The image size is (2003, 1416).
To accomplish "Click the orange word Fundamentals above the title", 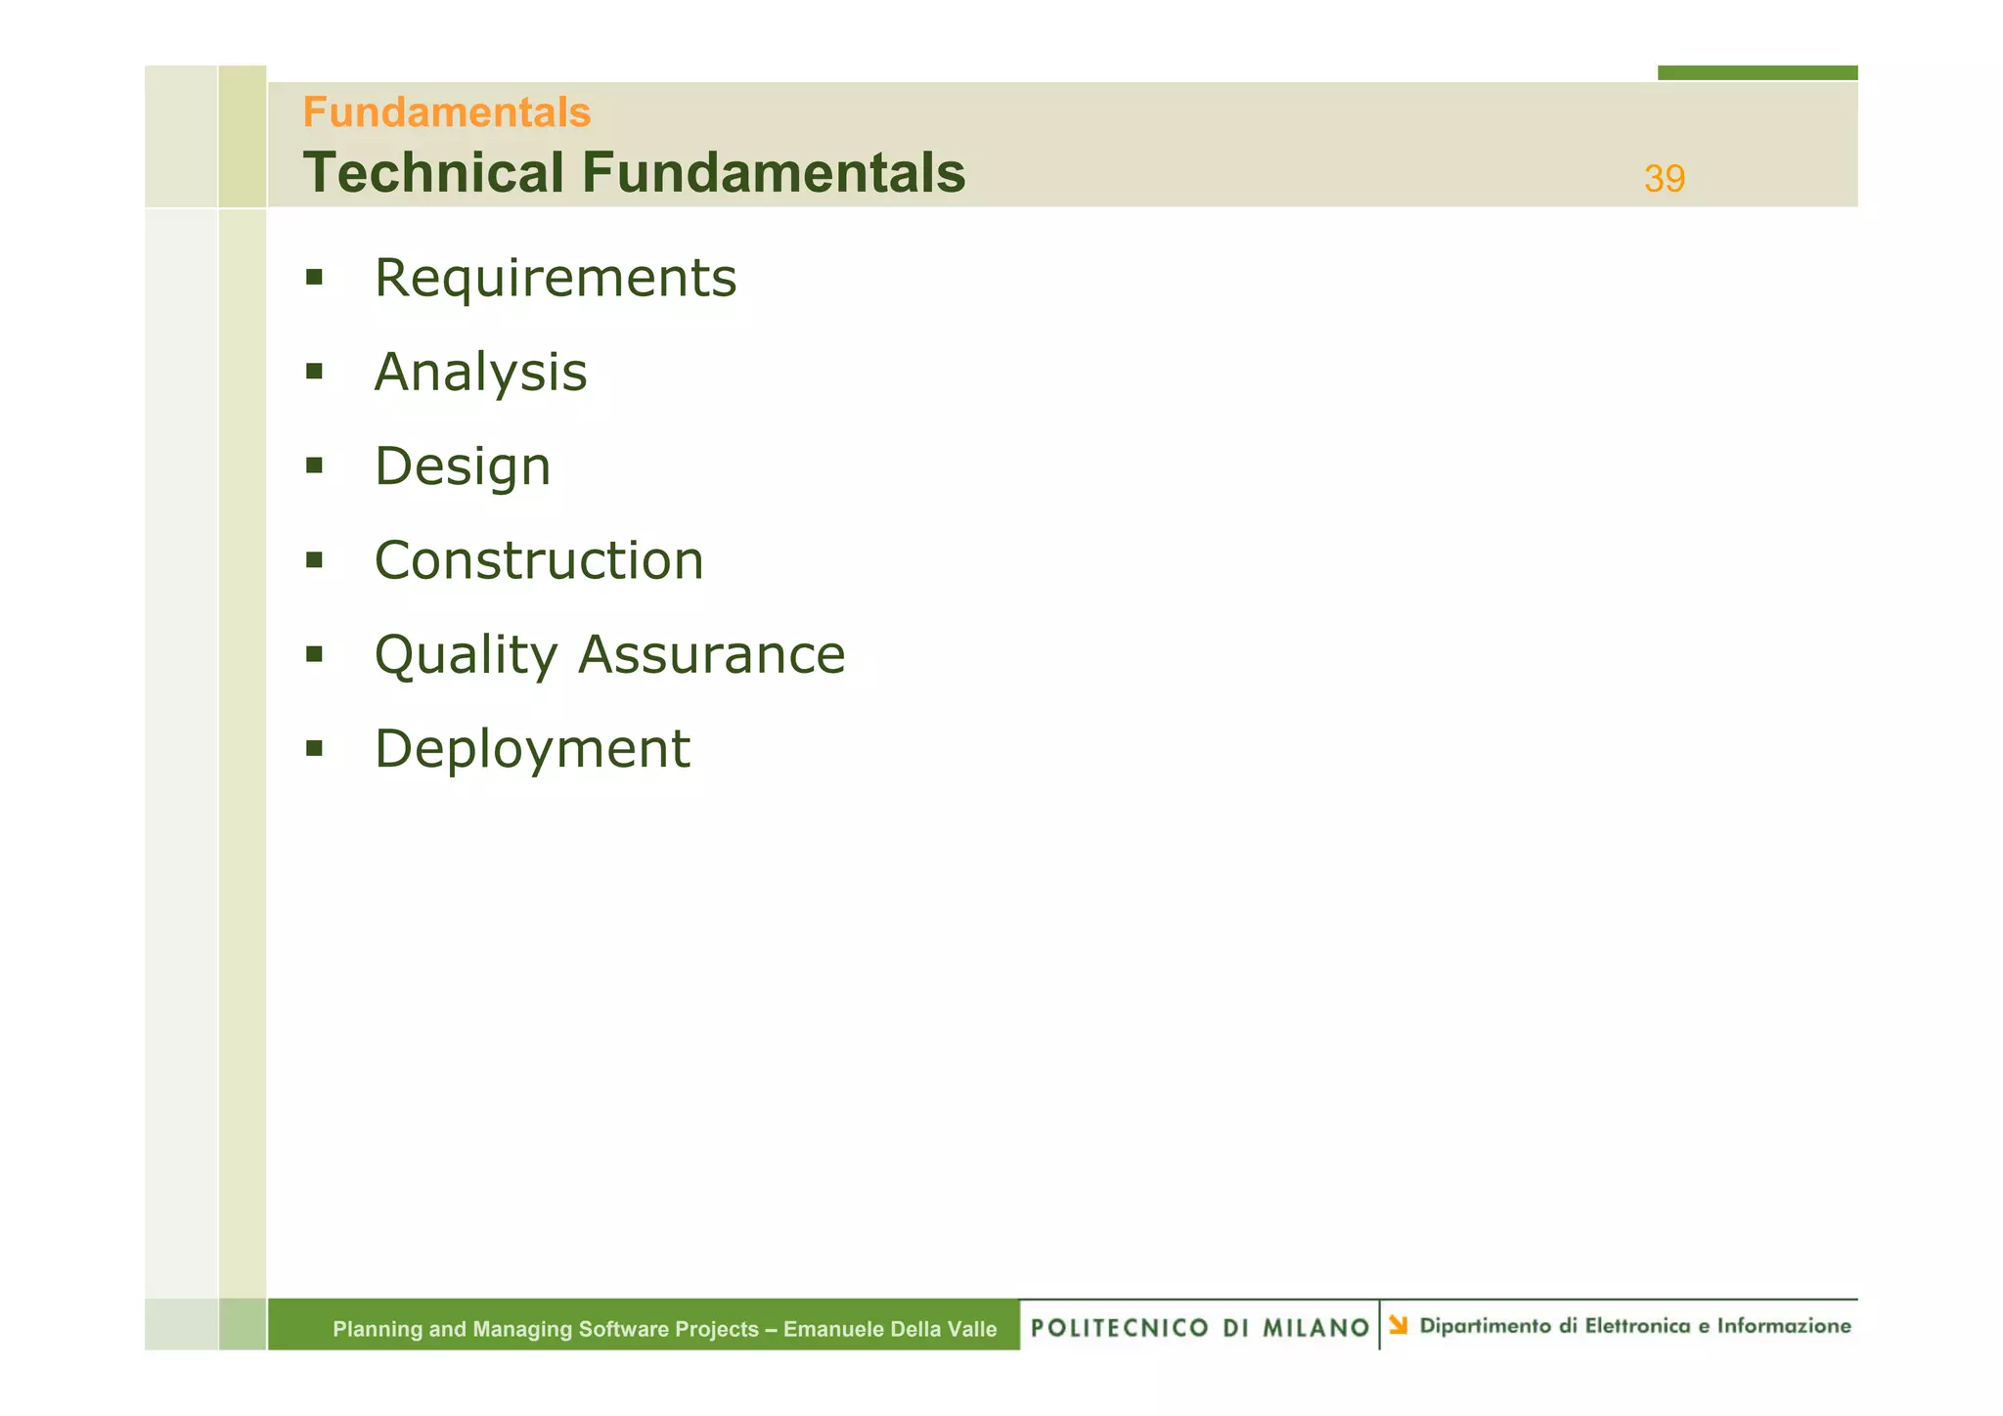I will [x=447, y=112].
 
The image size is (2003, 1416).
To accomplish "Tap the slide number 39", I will [x=1664, y=179].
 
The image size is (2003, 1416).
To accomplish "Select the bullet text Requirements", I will [x=555, y=278].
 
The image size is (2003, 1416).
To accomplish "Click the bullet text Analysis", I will [x=480, y=373].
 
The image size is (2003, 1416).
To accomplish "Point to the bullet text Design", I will [x=463, y=466].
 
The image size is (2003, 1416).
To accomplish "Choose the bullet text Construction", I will [x=539, y=560].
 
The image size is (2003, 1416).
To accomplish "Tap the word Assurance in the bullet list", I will [x=711, y=655].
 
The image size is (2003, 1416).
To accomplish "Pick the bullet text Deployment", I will [x=532, y=749].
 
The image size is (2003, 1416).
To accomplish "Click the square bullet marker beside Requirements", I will [x=314, y=277].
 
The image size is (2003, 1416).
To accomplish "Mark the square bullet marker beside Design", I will [x=314, y=465].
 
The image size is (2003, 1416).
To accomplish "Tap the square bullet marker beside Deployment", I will [x=314, y=749].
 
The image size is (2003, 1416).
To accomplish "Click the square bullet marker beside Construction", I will [x=314, y=560].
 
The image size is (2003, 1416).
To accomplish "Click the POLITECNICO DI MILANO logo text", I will [x=1199, y=1327].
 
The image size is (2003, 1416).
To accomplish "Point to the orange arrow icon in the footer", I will [x=1399, y=1325].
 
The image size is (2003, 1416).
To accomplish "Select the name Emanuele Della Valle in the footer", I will [x=890, y=1329].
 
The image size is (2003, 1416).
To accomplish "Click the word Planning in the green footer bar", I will [x=377, y=1329].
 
